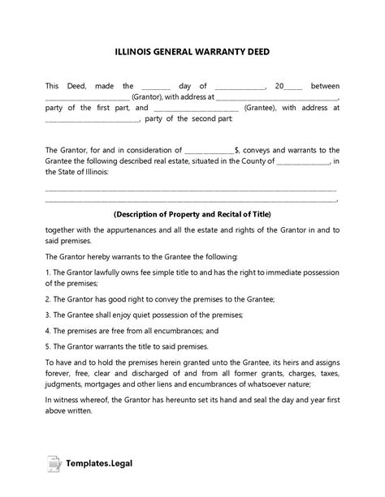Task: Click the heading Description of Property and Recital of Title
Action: click(x=192, y=214)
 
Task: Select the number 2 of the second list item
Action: click(x=47, y=298)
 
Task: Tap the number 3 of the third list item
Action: click(x=47, y=314)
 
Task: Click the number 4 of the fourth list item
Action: click(x=47, y=330)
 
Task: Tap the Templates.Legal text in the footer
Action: click(x=98, y=465)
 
